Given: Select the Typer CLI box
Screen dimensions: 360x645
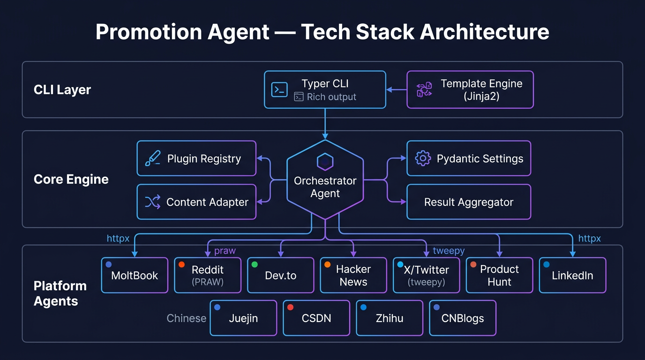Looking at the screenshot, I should coord(325,90).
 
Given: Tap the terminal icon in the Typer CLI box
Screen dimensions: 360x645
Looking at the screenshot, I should coord(279,90).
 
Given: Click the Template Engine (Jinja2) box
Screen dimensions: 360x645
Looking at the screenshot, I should coord(470,90).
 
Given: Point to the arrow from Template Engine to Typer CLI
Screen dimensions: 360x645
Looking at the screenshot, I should coord(396,90).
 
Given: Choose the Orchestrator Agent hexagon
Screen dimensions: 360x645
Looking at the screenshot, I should coord(325,180).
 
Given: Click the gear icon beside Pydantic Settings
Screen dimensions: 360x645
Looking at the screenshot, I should coord(423,158).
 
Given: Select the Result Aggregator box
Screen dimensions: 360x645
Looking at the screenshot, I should coord(468,202).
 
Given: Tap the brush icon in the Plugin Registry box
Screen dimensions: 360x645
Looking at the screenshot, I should coord(153,158).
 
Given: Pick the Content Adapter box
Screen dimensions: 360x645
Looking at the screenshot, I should coord(196,202).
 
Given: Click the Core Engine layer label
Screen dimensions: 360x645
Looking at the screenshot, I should coord(71,180).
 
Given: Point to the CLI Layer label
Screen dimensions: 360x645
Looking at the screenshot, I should coord(62,90).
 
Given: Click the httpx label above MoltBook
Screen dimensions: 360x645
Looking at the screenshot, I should coord(118,239).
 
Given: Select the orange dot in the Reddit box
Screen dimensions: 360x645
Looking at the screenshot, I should coord(182,264).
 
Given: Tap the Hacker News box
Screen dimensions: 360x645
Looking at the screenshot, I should coord(353,275).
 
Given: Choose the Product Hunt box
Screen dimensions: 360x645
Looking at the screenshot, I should coord(499,275).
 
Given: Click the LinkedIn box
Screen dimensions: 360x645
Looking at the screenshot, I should coord(572,275).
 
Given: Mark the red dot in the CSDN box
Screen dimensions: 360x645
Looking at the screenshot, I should coord(290,307).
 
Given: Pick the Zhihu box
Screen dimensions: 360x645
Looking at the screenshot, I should coord(390,318).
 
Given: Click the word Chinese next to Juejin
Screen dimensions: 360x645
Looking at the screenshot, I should coord(186,318).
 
